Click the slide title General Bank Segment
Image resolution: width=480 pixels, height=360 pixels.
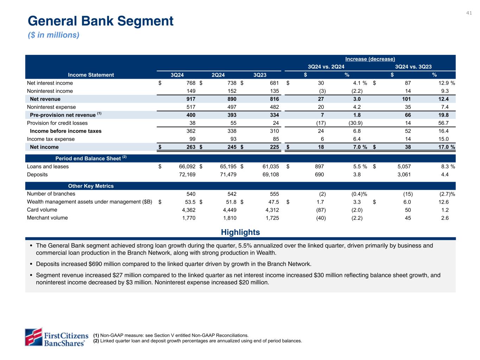(x=101, y=21)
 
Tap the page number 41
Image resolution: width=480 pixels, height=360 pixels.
(x=469, y=13)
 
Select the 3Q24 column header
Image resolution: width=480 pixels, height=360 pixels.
(x=177, y=75)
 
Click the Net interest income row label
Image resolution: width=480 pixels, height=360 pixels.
(x=50, y=83)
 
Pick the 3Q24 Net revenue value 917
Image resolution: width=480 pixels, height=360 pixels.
(x=191, y=99)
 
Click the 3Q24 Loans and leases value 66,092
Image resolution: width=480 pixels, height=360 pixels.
(x=185, y=167)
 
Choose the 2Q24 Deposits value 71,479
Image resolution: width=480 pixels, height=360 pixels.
(x=226, y=174)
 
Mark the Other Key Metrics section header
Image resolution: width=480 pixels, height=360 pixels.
(x=91, y=186)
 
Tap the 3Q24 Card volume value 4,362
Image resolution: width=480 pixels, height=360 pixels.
(x=187, y=210)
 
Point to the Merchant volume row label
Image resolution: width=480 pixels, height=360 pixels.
(x=47, y=218)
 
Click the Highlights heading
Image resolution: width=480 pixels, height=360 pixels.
(x=240, y=232)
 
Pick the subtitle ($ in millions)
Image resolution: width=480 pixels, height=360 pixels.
(x=53, y=35)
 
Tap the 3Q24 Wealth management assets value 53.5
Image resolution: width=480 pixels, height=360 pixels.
(x=190, y=202)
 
